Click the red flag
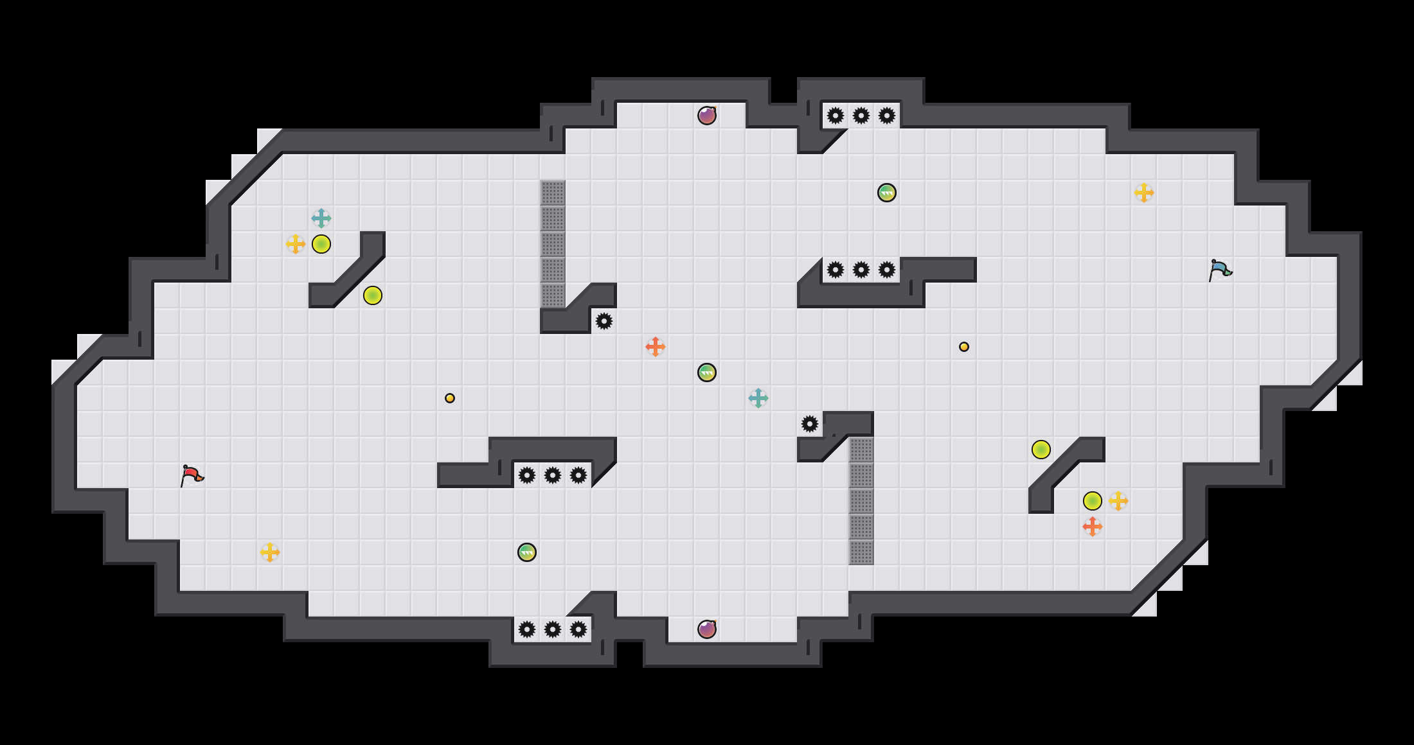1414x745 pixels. tap(192, 475)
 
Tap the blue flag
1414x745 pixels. tap(1220, 270)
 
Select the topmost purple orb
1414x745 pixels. tap(707, 116)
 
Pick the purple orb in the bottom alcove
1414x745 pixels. tap(707, 629)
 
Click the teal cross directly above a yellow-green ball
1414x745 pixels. tap(321, 218)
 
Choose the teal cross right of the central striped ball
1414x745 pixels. tap(758, 398)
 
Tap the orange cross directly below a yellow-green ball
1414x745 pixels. tap(1093, 527)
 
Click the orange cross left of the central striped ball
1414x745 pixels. tap(656, 347)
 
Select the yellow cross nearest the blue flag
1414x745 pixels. tap(1144, 193)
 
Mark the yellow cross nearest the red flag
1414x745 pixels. tap(270, 552)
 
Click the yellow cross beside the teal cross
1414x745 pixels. tap(296, 244)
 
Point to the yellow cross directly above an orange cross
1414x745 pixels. tap(1118, 501)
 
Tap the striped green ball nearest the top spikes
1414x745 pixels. tap(887, 193)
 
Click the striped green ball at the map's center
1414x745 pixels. tap(707, 372)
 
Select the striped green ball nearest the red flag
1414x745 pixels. tap(527, 552)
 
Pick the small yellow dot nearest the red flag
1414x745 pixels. tap(450, 398)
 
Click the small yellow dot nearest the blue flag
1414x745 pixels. tap(964, 347)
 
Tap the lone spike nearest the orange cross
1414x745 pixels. tap(604, 321)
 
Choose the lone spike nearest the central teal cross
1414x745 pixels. tap(810, 424)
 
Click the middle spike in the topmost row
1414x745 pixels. tap(861, 116)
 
